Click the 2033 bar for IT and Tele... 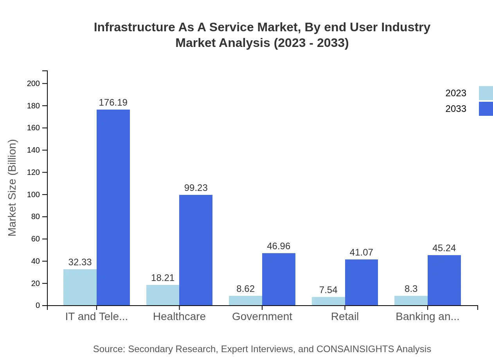[x=113, y=207]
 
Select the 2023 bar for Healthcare [x=163, y=295]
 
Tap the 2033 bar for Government [x=279, y=279]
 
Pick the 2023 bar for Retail [x=328, y=301]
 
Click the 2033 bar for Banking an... [x=444, y=280]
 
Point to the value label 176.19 [x=113, y=103]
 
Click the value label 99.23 [x=196, y=188]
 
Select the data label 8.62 [x=245, y=289]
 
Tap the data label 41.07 [x=361, y=252]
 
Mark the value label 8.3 [x=411, y=289]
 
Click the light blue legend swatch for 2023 [x=486, y=93]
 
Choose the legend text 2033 [x=456, y=109]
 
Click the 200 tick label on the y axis [x=33, y=83]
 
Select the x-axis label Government [x=262, y=317]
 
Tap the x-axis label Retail [x=345, y=317]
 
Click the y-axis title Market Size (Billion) [x=13, y=188]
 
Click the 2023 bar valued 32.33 [x=80, y=287]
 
